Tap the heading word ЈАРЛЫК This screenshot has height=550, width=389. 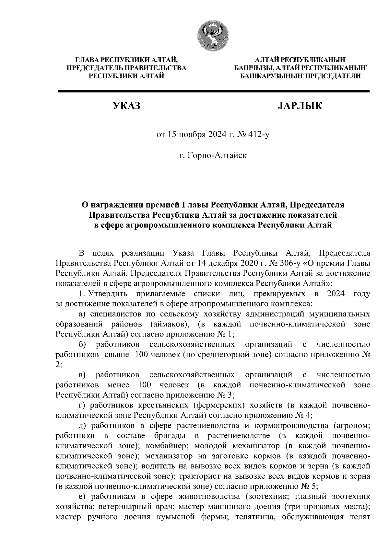pyautogui.click(x=300, y=106)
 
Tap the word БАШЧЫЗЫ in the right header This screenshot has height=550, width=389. pyautogui.click(x=253, y=68)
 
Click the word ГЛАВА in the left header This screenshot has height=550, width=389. pyautogui.click(x=87, y=61)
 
